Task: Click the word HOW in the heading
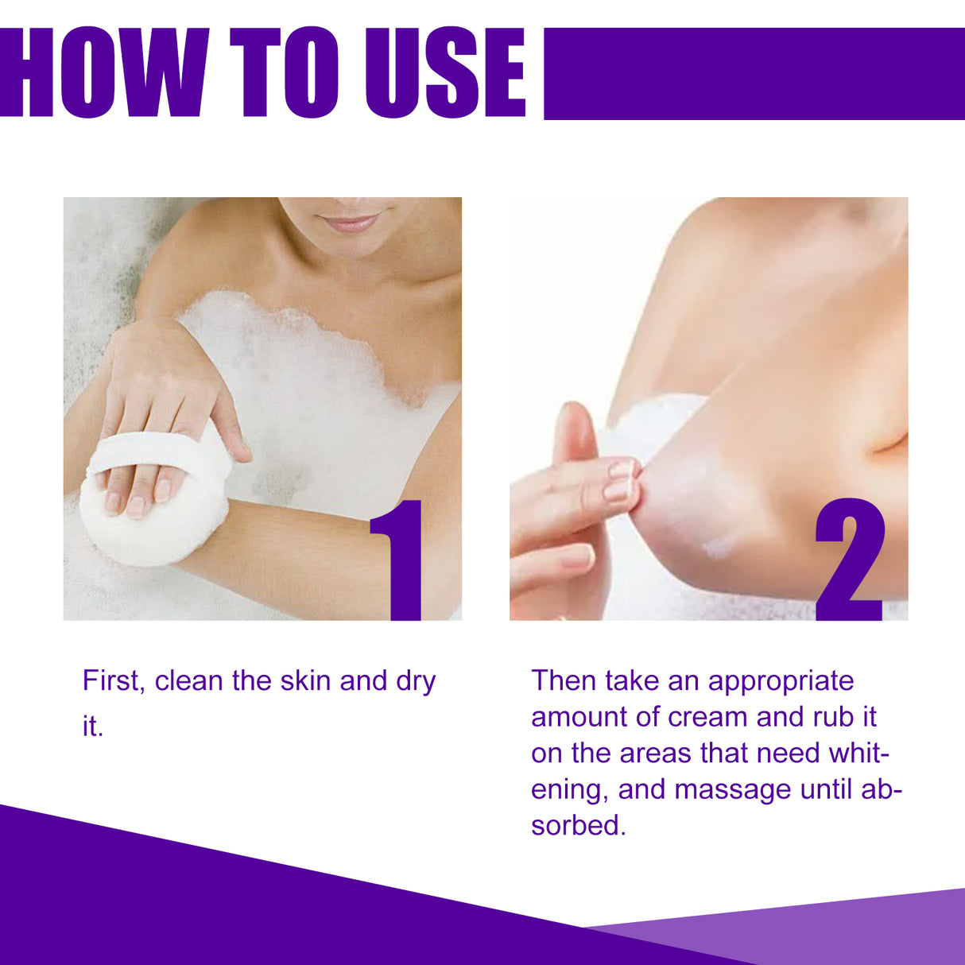coord(103,73)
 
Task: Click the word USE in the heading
coord(445,73)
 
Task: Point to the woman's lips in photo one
coord(351,223)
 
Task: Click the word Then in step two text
coord(563,681)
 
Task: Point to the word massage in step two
coord(733,790)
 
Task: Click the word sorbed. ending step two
coord(579,825)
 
